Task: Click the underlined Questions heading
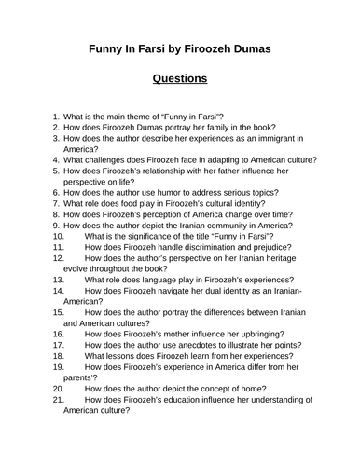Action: (x=180, y=79)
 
